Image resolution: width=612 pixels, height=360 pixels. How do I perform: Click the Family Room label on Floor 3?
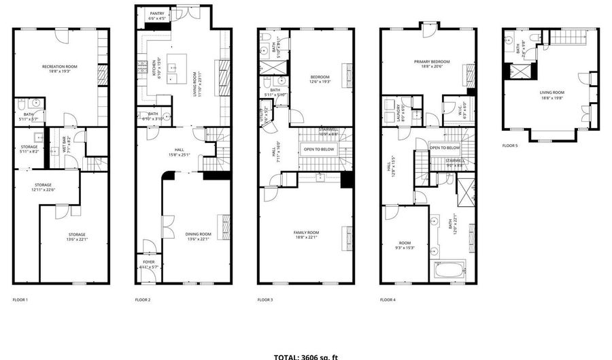click(x=306, y=234)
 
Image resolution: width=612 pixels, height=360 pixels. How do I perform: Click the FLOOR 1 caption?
click(x=20, y=299)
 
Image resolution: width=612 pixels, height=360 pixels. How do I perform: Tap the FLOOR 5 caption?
click(x=510, y=145)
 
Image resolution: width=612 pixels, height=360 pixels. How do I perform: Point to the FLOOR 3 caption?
click(x=265, y=299)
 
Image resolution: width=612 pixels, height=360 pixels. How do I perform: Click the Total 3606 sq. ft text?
click(x=305, y=356)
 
